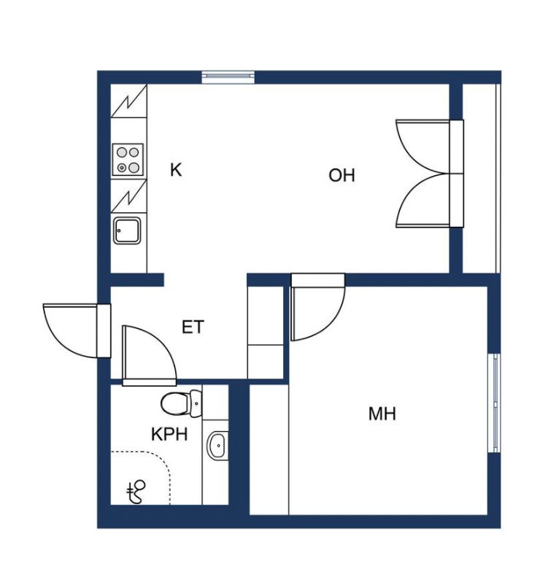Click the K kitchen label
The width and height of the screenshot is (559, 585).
pyautogui.click(x=176, y=170)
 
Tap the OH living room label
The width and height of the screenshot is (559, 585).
pyautogui.click(x=342, y=175)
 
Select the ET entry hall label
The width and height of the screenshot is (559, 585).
pyautogui.click(x=193, y=327)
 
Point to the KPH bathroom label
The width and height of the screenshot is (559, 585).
pyautogui.click(x=169, y=434)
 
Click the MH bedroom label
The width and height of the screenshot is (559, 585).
pyautogui.click(x=382, y=414)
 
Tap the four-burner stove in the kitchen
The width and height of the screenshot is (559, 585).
pyautogui.click(x=128, y=160)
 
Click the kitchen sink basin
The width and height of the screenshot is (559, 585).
pyautogui.click(x=127, y=231)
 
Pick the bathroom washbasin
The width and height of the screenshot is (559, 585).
pyautogui.click(x=217, y=446)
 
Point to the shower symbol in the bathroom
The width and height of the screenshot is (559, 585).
pyautogui.click(x=136, y=492)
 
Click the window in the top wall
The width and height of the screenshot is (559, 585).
pyautogui.click(x=228, y=76)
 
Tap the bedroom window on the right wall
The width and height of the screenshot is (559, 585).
pyautogui.click(x=494, y=403)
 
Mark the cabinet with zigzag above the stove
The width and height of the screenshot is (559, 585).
pyautogui.click(x=128, y=101)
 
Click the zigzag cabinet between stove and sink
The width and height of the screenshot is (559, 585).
pyautogui.click(x=128, y=196)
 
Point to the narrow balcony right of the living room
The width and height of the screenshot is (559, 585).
pyautogui.click(x=480, y=178)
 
